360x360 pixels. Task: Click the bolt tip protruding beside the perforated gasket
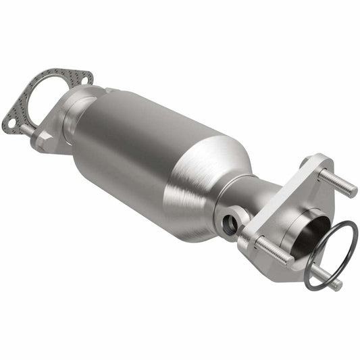pyautogui.click(x=25, y=128)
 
